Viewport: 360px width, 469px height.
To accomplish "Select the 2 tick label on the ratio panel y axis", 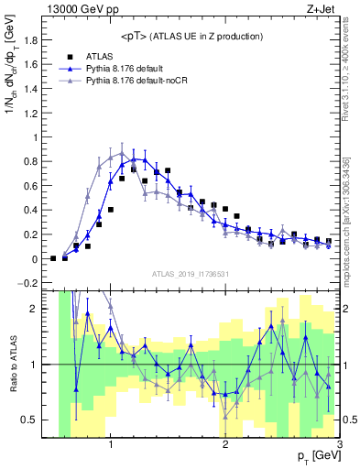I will click(x=39, y=309).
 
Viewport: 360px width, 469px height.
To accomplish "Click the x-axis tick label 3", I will click(x=338, y=445).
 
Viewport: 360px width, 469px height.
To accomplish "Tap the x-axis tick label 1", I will click(x=110, y=445).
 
